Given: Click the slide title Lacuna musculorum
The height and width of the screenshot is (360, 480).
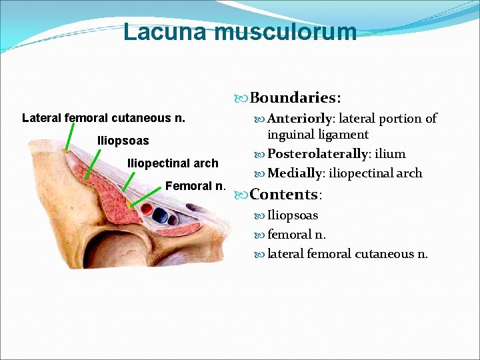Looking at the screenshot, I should (240, 31).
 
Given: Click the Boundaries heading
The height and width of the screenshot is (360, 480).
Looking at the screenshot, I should (295, 98).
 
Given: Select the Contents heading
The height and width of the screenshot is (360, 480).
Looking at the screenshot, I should (285, 195).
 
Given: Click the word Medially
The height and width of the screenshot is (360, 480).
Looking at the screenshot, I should (295, 173).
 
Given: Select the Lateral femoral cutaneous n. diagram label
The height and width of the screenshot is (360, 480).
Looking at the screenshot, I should (103, 118).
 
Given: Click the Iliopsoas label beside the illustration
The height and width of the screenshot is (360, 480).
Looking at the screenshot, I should (123, 141).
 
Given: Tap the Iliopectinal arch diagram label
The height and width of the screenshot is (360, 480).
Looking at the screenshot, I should (173, 163).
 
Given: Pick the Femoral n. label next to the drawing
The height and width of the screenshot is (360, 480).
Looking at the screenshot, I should (196, 185).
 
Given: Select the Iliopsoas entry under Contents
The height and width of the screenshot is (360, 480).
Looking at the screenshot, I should (293, 215).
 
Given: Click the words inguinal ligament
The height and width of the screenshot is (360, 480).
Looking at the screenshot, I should (318, 135).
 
